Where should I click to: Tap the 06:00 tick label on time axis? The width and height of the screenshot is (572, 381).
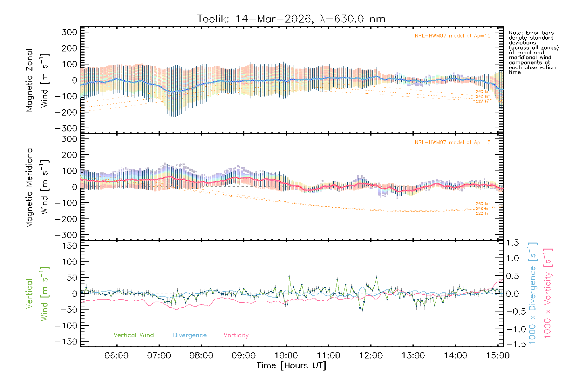pos(116,355)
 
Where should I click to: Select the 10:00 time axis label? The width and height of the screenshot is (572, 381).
pos(286,355)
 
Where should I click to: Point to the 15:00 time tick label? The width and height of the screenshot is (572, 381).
pos(498,355)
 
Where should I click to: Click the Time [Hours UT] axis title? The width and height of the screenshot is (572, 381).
pos(291,365)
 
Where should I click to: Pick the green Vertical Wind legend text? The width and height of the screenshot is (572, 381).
pos(133,335)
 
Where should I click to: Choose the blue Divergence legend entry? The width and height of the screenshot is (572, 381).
pos(190,335)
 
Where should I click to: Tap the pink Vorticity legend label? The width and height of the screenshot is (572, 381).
pos(236,335)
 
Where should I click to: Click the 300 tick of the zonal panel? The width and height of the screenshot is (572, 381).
pos(70,32)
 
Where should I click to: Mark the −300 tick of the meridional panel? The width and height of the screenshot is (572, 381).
pos(66,235)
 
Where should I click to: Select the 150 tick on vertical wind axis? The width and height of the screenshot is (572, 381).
pos(70,246)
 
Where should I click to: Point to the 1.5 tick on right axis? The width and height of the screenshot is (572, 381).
pos(513,243)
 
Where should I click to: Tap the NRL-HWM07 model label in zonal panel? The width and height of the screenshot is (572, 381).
pos(453,36)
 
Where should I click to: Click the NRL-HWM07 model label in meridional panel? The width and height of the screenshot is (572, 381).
pos(453,143)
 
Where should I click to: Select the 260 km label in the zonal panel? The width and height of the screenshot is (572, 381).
pos(483,92)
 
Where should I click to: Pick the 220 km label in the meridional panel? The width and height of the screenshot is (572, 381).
pos(483,213)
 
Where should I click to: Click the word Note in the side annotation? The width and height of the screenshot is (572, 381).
pos(515,33)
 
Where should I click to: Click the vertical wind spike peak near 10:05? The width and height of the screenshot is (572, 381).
pos(289,277)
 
